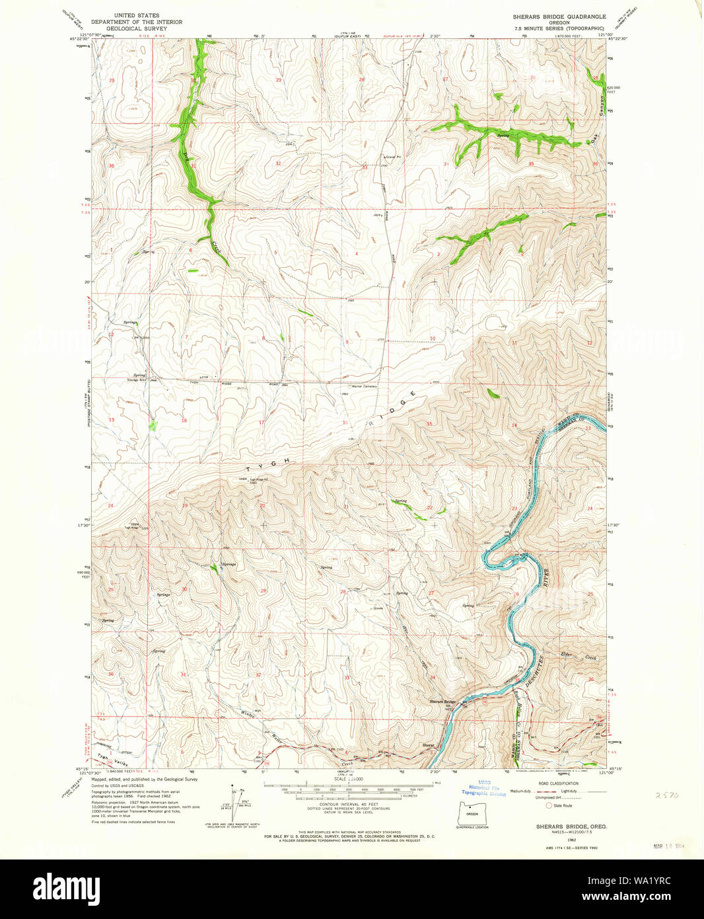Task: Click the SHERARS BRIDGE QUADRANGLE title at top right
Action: tap(559, 16)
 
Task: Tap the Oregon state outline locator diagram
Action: tap(472, 813)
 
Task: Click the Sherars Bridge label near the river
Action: tap(443, 701)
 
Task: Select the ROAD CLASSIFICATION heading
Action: tap(559, 783)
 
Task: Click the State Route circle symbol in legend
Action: tap(548, 805)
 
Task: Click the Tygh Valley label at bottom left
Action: tap(103, 758)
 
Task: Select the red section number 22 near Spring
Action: tap(430, 508)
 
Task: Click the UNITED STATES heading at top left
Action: tap(132, 15)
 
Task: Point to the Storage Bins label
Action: tap(137, 380)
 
